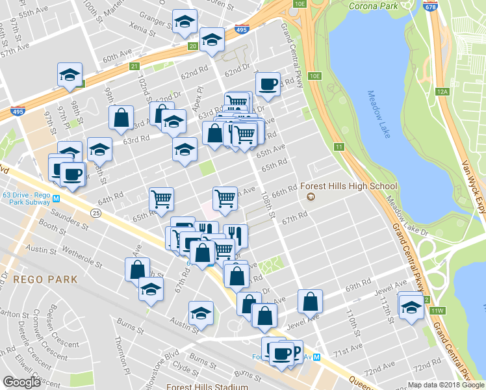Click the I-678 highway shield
[429, 6]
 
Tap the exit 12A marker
[443, 92]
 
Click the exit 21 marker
[134, 66]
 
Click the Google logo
[22, 382]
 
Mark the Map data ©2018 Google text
[445, 385]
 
